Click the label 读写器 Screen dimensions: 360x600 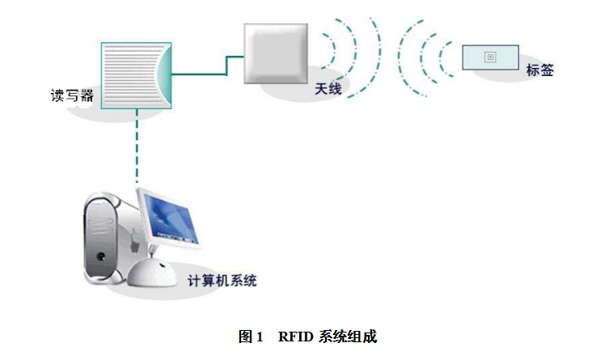72,96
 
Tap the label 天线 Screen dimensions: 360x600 329,90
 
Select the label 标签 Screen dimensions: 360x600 540,70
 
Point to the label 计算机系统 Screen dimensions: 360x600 222,281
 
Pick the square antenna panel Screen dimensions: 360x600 277,53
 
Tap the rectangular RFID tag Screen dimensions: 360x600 488,57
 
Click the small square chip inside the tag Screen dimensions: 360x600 488,57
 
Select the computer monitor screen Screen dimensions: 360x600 170,218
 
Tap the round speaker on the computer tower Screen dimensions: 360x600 102,258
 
